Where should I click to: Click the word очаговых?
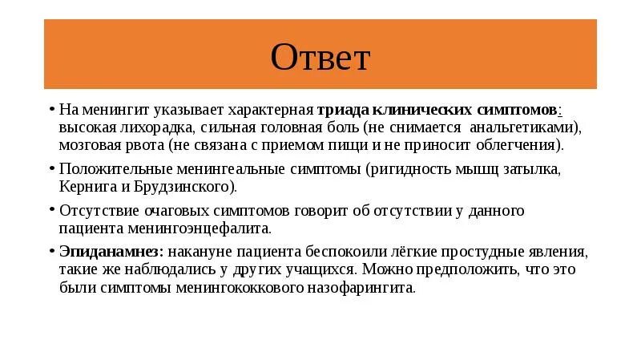coord(180,210)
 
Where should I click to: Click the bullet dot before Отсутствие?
coord(51,210)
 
